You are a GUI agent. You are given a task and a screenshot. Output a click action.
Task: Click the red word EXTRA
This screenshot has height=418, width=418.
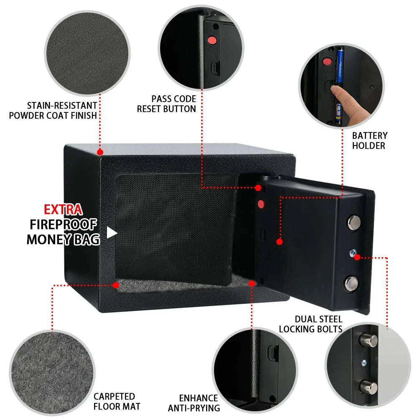63,209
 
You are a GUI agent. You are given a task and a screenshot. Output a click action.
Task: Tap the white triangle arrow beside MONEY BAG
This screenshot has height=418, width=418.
111,232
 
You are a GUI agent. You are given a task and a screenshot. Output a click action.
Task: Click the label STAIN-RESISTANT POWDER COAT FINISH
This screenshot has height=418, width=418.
53,110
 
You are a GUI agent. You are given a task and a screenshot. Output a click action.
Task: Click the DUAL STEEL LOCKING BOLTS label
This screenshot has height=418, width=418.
311,324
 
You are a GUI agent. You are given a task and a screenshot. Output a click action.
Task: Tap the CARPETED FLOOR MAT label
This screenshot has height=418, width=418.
114,401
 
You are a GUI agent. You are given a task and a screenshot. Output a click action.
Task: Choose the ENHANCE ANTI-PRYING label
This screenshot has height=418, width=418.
194,403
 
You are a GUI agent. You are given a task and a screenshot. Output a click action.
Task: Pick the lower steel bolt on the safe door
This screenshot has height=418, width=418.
352,283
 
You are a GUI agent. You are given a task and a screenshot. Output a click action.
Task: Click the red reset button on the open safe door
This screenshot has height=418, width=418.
261,204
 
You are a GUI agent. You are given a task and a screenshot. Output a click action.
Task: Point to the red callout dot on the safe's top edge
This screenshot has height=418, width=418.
100,152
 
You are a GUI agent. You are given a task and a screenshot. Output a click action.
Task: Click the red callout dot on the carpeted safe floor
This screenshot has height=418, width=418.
116,285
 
